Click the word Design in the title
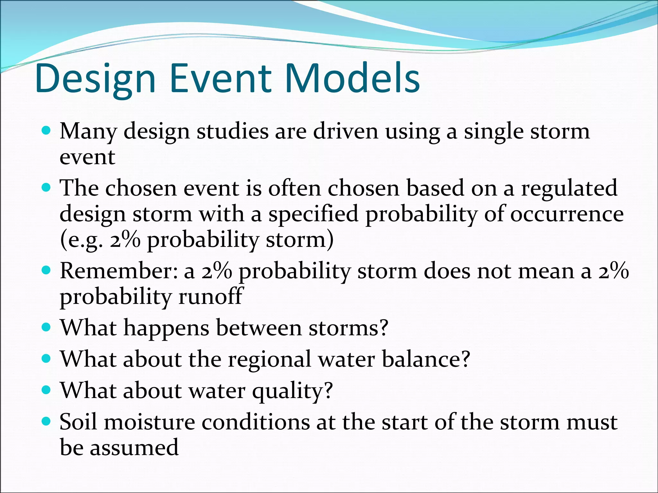[x=96, y=79]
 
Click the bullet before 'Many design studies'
[x=47, y=131]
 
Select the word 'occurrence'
[x=567, y=214]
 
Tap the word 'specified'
[x=313, y=214]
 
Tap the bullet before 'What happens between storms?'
[x=47, y=327]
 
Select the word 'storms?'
[x=349, y=328]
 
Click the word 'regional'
[x=269, y=359]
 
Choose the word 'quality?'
[x=292, y=391]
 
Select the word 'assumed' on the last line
[x=134, y=448]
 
